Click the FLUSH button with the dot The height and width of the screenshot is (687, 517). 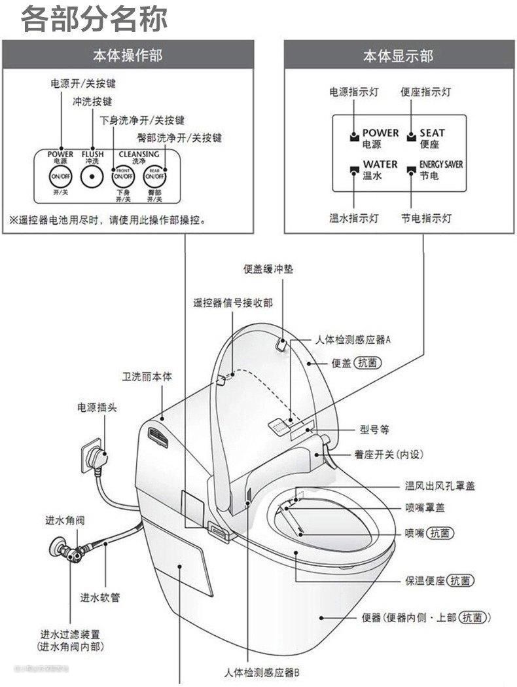click(92, 176)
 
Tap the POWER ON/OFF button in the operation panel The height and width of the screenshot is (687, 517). click(60, 176)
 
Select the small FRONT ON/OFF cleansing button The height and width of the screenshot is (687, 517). click(122, 176)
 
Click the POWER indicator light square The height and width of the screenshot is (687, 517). click(354, 137)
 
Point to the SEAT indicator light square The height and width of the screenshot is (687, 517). click(411, 137)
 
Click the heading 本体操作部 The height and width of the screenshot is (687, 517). click(127, 55)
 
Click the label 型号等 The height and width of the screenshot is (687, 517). click(374, 430)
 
